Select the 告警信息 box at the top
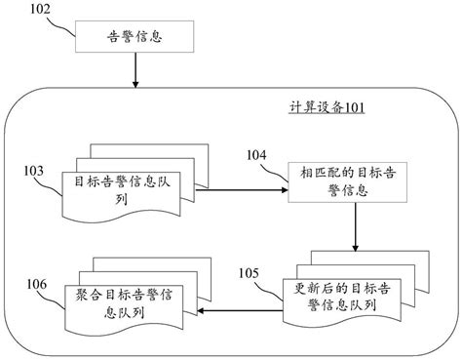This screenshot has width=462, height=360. pos(135,39)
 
